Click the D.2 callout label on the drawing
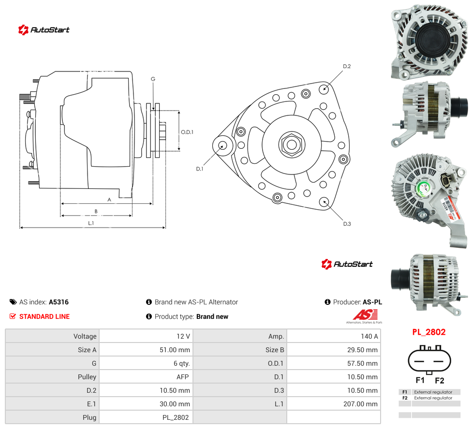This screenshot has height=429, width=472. click(347, 67)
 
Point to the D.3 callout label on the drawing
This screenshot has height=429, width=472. click(347, 224)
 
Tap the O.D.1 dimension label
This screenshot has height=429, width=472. click(187, 132)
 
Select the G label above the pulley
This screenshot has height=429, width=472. click(153, 79)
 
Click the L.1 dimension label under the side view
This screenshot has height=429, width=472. click(91, 223)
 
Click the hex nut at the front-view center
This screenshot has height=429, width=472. click(292, 144)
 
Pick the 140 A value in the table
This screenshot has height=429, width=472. click(369, 336)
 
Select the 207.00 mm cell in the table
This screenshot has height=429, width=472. click(360, 404)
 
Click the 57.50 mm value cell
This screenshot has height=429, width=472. click(362, 363)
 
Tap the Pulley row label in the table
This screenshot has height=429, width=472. click(87, 377)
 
